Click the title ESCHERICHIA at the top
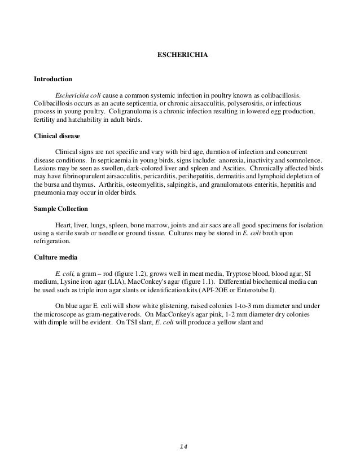pyautogui.click(x=180, y=55)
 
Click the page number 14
pyautogui.click(x=182, y=446)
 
